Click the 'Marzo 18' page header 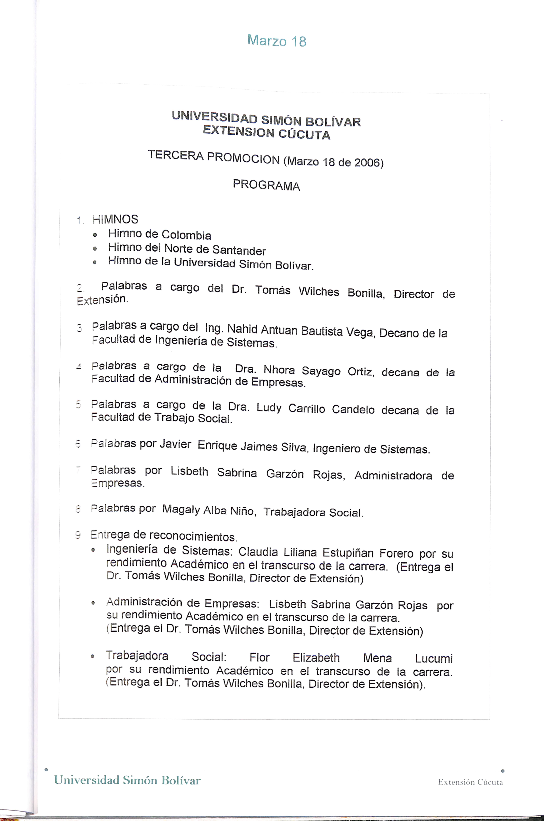coord(277,41)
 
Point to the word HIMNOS coord(115,219)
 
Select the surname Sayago coord(321,371)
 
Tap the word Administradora coord(393,475)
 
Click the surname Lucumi coord(434,658)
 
